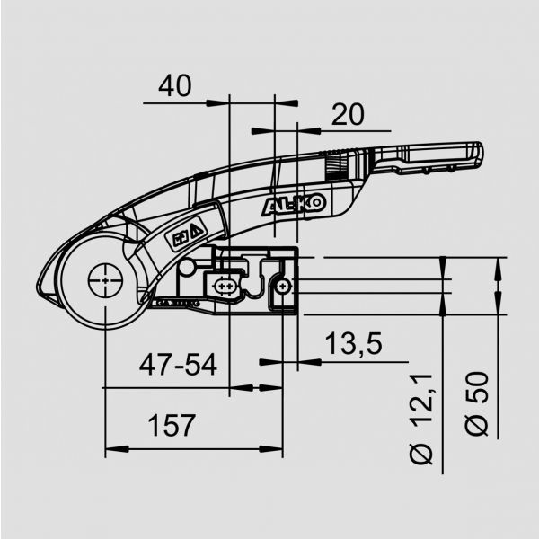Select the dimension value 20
[x=348, y=114]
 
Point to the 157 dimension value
[x=171, y=426]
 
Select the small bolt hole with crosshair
[x=283, y=286]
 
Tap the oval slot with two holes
[x=224, y=287]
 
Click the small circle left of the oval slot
[x=188, y=267]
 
